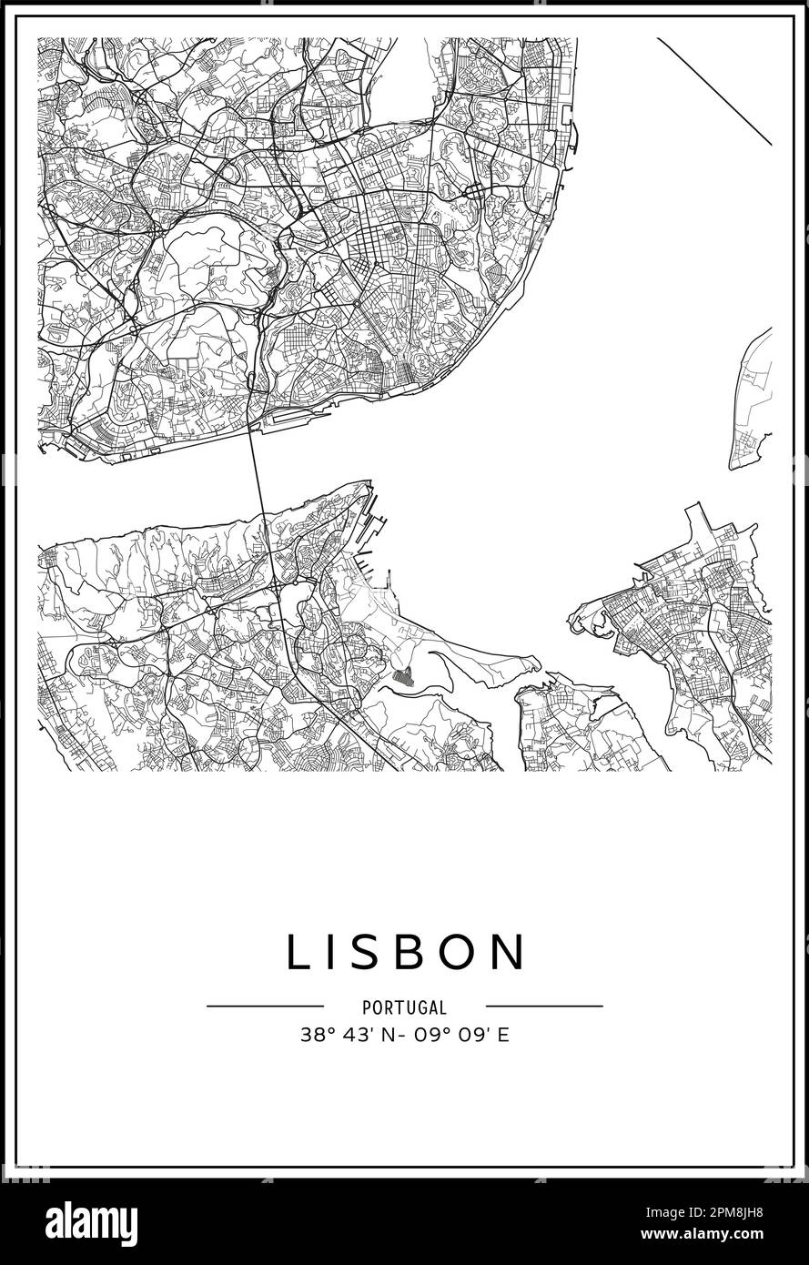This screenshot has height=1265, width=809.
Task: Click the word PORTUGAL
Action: (404, 1007)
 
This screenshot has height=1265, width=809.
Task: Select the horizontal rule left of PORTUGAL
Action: (265, 1007)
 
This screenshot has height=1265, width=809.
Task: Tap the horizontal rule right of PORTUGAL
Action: (544, 1007)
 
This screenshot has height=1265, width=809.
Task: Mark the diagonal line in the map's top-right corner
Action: (714, 91)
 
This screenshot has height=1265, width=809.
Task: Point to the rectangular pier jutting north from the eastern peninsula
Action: (698, 522)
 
